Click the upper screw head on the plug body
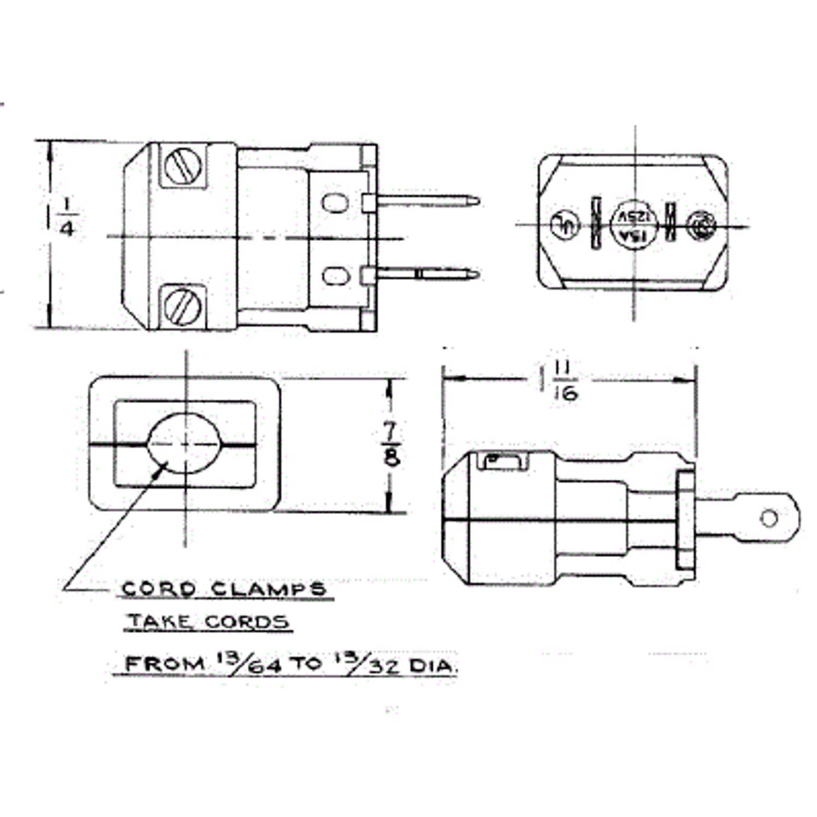pyautogui.click(x=182, y=165)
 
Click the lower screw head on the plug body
pyautogui.click(x=182, y=307)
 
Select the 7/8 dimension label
pyautogui.click(x=391, y=444)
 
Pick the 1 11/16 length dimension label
pyautogui.click(x=560, y=381)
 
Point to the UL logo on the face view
pyautogui.click(x=564, y=224)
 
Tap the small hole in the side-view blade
pyautogui.click(x=769, y=519)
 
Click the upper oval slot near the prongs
pyautogui.click(x=334, y=202)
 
